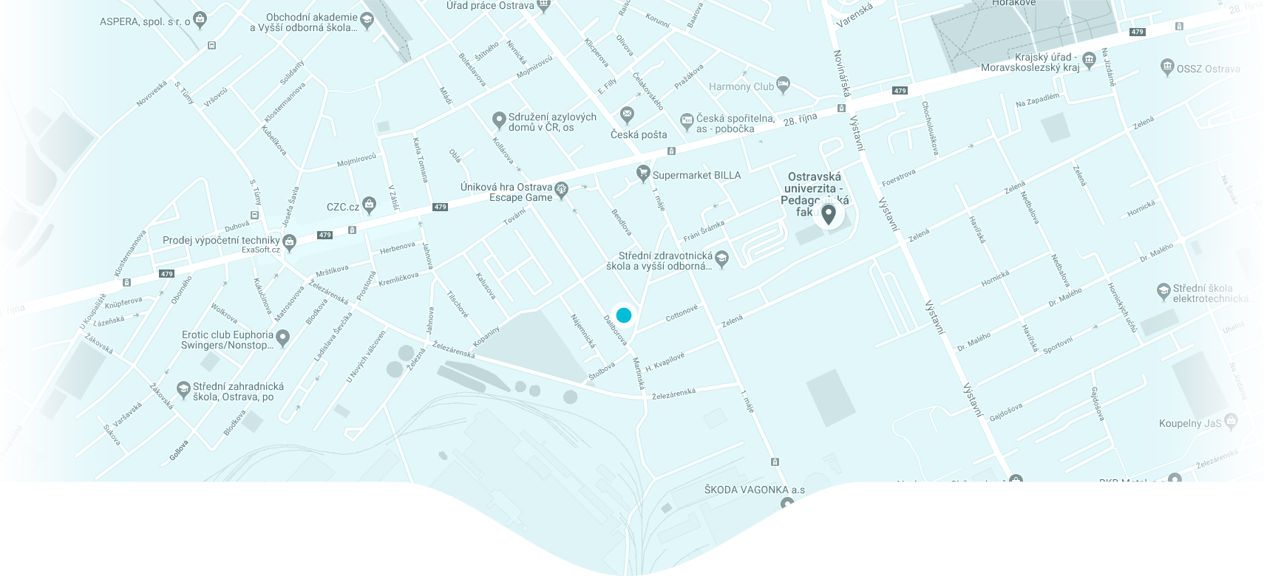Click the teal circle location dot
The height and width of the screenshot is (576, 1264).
click(624, 315)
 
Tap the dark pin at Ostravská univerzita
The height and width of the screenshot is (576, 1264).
click(829, 214)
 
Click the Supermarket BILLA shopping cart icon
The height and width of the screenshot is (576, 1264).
click(643, 174)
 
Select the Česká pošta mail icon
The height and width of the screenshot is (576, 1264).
click(627, 114)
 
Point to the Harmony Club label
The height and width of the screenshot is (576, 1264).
click(741, 86)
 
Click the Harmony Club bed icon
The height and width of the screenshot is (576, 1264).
click(784, 84)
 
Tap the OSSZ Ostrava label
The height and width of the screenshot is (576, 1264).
click(1208, 69)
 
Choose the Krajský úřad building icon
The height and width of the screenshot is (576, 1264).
click(1089, 59)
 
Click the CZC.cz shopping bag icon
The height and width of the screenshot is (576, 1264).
click(369, 206)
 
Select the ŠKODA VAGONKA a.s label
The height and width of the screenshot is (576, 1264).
click(754, 490)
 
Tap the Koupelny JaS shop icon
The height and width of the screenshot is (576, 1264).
click(1231, 421)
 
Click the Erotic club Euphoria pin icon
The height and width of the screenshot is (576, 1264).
click(282, 337)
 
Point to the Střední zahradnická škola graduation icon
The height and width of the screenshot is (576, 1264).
click(183, 388)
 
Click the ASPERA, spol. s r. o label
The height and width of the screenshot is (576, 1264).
click(145, 21)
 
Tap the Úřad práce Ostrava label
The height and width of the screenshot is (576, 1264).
click(489, 6)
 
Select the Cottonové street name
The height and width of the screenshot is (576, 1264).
click(682, 313)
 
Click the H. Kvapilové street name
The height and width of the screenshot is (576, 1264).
click(665, 362)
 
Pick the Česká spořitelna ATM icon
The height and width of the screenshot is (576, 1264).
click(687, 120)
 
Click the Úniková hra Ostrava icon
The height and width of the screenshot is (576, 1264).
click(561, 189)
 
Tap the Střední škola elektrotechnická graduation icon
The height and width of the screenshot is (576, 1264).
click(1163, 291)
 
